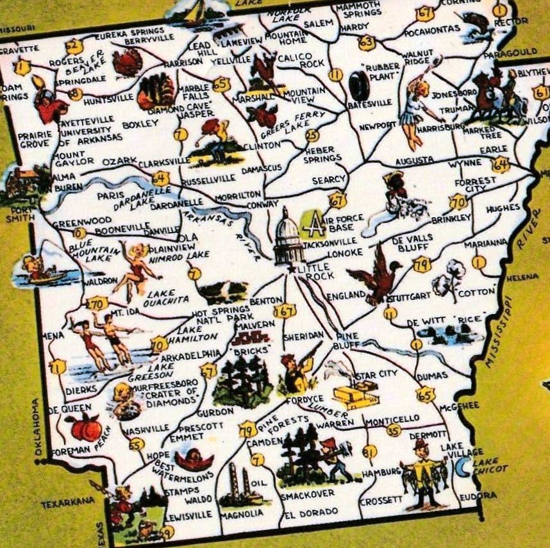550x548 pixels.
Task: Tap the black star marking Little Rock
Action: click(292, 269)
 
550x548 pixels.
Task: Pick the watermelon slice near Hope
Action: click(194, 460)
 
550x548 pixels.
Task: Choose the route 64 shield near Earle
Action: click(501, 165)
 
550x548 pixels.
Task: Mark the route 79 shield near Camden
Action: click(247, 429)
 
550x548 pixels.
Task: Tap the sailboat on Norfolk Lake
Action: click(196, 10)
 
